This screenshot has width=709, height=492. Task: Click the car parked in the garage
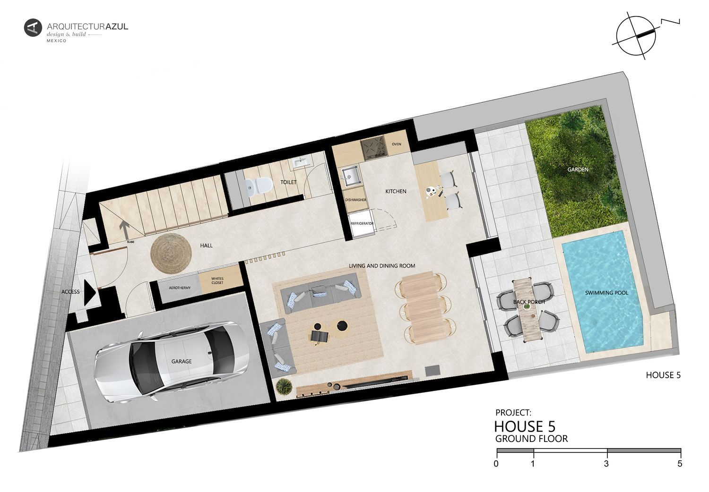click(172, 362)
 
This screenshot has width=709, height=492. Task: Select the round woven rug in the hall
click(171, 253)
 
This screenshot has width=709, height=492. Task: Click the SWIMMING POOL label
click(606, 293)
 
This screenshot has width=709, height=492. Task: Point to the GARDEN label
click(578, 170)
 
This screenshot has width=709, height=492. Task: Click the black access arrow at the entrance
click(90, 292)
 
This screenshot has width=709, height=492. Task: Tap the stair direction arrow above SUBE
click(124, 230)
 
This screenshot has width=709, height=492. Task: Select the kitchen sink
click(351, 177)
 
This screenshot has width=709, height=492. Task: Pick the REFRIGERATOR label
click(362, 223)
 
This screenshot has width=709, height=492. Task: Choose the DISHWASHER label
click(355, 200)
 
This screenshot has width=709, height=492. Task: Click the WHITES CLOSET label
click(217, 281)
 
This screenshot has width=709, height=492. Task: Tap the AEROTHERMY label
click(180, 288)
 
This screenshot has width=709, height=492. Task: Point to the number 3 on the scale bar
click(606, 464)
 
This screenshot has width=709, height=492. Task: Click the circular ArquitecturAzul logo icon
click(33, 28)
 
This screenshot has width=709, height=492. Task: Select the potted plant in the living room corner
click(284, 386)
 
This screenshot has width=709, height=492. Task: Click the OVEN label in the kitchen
click(396, 144)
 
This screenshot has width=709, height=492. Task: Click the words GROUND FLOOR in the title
click(531, 439)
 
